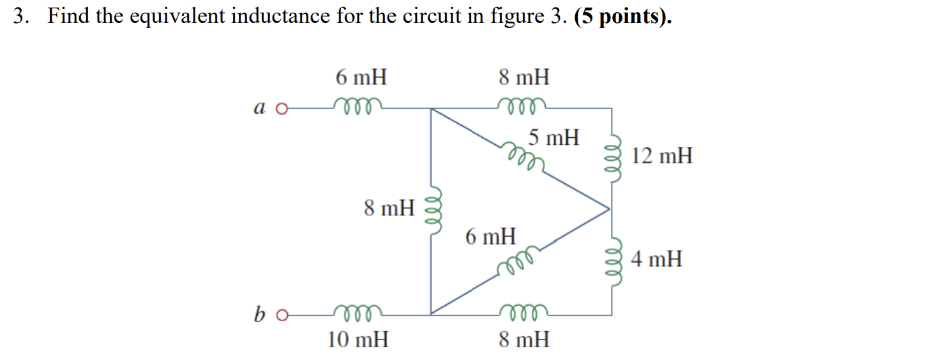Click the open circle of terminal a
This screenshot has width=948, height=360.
tap(282, 109)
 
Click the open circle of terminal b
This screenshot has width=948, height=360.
tap(282, 315)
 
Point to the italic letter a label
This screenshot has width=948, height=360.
tap(259, 107)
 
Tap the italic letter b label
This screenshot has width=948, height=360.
tap(259, 314)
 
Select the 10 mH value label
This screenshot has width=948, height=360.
tap(357, 340)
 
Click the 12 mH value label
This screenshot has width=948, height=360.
tap(662, 155)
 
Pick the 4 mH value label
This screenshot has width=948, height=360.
tap(656, 259)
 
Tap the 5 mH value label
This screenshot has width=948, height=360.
tap(553, 137)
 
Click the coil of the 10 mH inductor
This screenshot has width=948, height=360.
tap(357, 312)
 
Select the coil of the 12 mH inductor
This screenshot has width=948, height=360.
tap(613, 158)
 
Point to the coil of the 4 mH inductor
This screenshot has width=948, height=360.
tap(613, 262)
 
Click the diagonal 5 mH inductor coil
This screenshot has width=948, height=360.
tap(523, 157)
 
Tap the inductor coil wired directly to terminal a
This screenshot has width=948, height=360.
tap(357, 106)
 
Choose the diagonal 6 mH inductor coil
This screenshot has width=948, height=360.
tap(518, 260)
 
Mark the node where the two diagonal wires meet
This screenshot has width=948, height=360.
tap(610, 209)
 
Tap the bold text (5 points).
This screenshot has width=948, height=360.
tap(623, 17)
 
